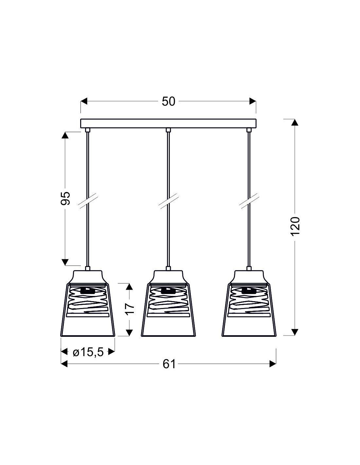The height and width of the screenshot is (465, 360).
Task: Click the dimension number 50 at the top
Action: [168, 101]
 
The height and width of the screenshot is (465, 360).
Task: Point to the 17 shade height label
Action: [130, 309]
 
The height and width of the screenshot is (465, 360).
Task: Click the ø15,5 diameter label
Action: [88, 353]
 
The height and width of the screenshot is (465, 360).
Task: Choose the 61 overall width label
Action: [169, 364]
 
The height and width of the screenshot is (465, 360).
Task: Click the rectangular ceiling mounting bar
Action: [168, 124]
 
